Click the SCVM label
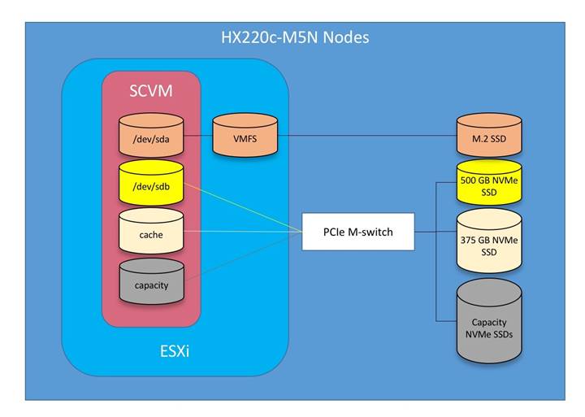(x=151, y=91)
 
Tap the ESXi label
(x=176, y=352)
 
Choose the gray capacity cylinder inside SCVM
(x=150, y=283)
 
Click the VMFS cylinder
(x=244, y=136)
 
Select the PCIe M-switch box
(x=357, y=231)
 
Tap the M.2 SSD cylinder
(x=488, y=137)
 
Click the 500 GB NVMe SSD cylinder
(x=488, y=183)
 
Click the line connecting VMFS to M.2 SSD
(x=366, y=136)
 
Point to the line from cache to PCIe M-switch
(x=244, y=232)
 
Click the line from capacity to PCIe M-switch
(x=244, y=257)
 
